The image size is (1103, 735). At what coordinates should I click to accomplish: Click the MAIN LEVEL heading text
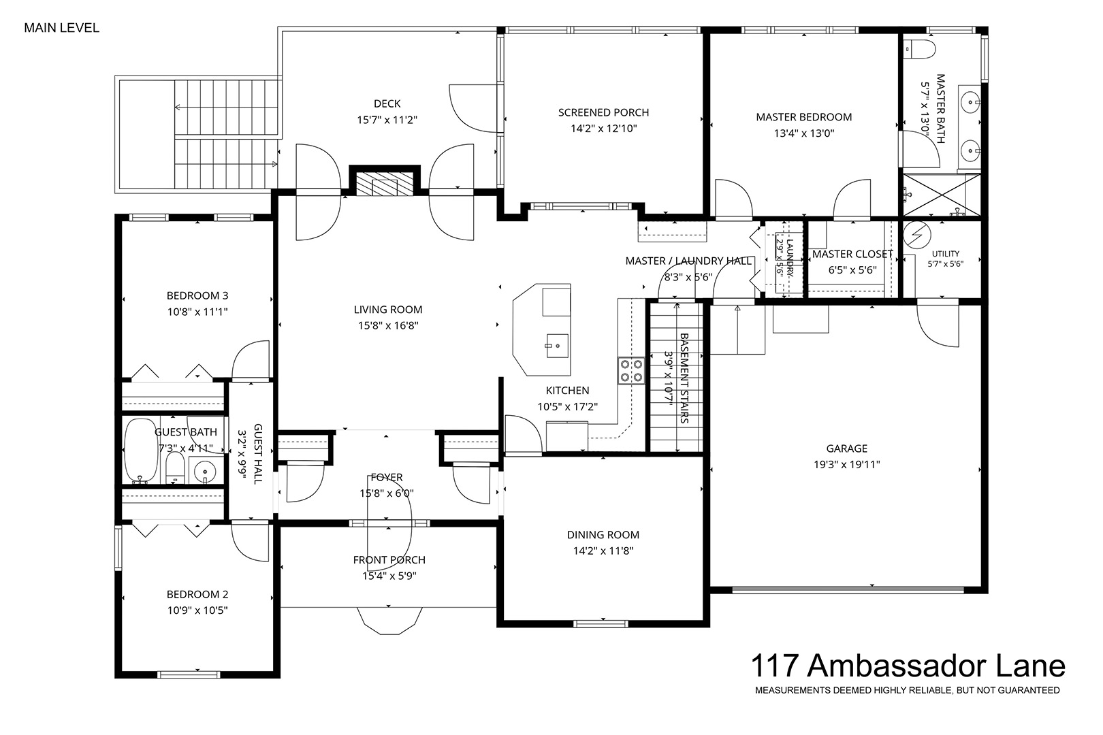[61, 28]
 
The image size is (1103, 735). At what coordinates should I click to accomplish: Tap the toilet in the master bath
[920, 49]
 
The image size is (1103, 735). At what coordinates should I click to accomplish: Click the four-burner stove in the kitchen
[631, 371]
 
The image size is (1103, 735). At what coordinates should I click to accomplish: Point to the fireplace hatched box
[385, 184]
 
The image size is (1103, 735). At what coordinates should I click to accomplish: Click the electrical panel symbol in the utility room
[917, 235]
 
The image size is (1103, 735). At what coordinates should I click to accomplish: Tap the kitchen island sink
[557, 346]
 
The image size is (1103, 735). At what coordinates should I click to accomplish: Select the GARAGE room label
[847, 448]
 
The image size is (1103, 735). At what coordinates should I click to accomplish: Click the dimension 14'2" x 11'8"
[603, 551]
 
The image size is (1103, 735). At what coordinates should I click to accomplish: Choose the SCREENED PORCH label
[604, 113]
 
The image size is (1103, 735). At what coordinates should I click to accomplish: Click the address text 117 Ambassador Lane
[908, 666]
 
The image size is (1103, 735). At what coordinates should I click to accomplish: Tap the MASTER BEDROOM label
[804, 117]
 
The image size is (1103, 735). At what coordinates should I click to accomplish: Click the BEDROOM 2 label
[197, 594]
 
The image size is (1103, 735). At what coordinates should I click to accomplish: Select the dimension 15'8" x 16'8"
[389, 325]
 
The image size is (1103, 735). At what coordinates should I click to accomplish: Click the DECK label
[387, 104]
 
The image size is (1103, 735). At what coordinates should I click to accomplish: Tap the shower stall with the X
[941, 195]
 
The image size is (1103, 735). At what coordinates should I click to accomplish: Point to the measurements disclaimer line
[908, 691]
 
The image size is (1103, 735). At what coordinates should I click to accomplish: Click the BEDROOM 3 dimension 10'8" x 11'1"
[197, 312]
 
